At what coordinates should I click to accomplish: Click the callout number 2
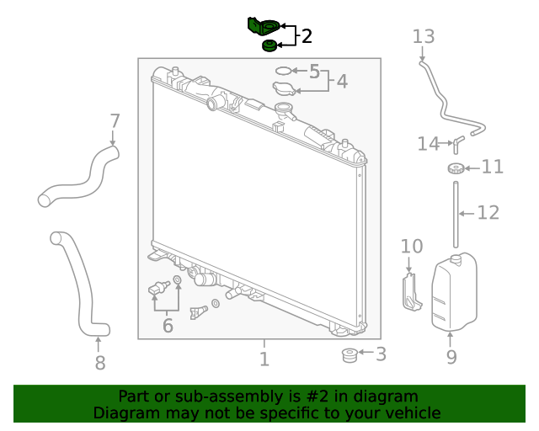307,36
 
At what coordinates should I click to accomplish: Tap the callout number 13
424,36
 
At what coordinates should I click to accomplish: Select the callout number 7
115,120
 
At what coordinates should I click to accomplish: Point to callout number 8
99,363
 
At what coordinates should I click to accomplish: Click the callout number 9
451,357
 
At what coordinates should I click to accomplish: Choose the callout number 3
381,354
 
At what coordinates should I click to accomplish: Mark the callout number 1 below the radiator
264,359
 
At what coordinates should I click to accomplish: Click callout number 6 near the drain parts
168,325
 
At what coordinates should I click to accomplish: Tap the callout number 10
411,246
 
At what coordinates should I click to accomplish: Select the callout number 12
488,212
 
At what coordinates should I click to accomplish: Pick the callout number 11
492,167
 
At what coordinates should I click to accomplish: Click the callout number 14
428,144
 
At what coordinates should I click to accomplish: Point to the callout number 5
314,72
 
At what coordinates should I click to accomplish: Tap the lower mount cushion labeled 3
347,355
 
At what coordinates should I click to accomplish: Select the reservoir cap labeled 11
456,168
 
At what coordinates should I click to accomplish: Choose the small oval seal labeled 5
285,71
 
